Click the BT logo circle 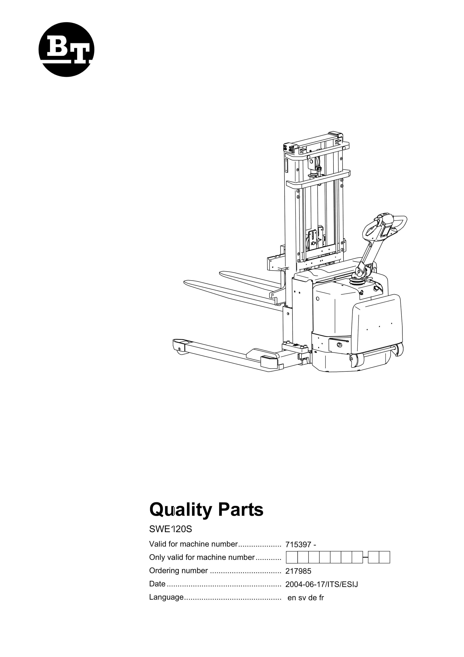[x=66, y=50]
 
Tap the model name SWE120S [x=171, y=529]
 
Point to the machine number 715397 [x=298, y=545]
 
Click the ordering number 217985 [x=298, y=571]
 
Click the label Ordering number [x=179, y=571]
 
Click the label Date [x=157, y=584]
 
